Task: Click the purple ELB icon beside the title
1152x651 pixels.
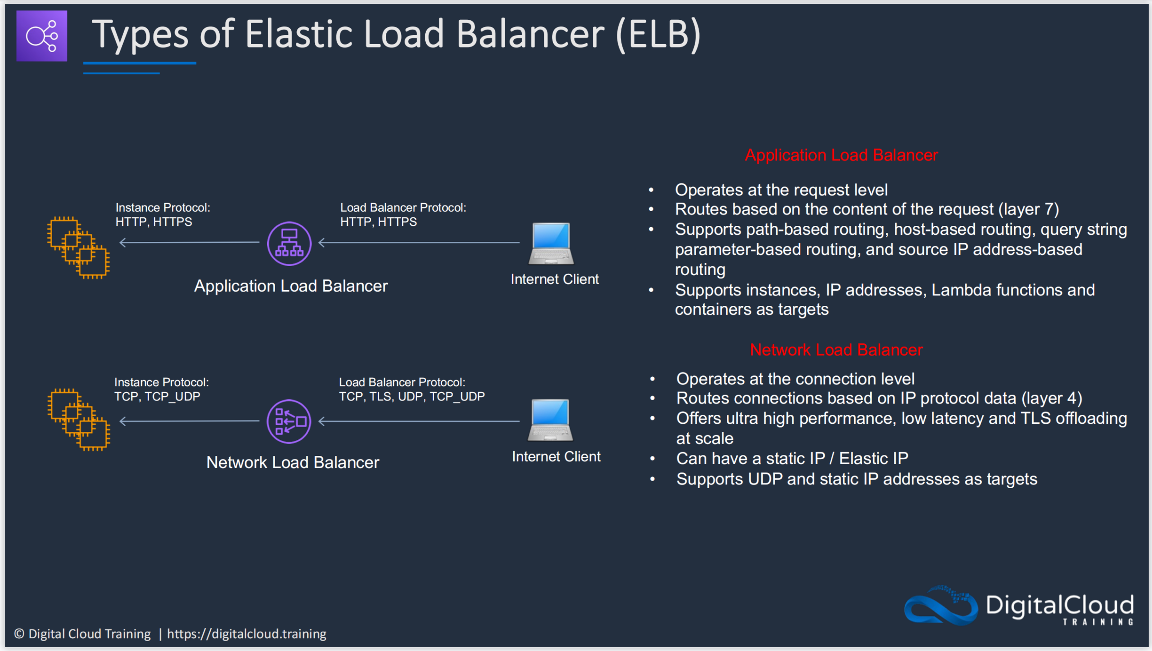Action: coord(42,36)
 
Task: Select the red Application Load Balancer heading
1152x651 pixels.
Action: coord(841,155)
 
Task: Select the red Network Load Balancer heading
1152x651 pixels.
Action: coord(836,350)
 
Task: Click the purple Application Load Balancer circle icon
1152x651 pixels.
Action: coord(289,243)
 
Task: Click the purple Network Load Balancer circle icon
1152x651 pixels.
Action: coord(289,421)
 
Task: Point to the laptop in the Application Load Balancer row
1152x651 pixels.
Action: coord(551,243)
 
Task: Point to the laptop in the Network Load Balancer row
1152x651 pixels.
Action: coord(550,420)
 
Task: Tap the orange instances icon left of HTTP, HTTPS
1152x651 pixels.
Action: coord(79,248)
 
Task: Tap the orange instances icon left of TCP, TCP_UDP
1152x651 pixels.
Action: coord(79,420)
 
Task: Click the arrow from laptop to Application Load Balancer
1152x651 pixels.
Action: coord(419,242)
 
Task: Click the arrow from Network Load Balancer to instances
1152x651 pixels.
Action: coord(189,421)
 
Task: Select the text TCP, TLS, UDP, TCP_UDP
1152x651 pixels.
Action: coord(412,397)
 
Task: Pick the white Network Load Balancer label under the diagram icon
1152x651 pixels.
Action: coord(293,463)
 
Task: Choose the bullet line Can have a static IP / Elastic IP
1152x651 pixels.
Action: coord(792,458)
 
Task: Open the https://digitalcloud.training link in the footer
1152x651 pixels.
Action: coord(247,634)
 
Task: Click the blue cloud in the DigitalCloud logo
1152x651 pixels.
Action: coord(940,606)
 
